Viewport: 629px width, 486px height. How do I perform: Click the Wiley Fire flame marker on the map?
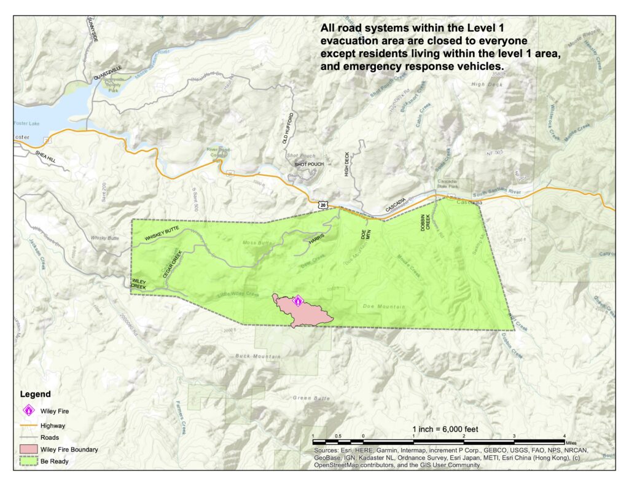[x=298, y=301]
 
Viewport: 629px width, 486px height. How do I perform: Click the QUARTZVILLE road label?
[x=109, y=78]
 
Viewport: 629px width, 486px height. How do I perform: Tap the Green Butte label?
[x=308, y=398]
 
